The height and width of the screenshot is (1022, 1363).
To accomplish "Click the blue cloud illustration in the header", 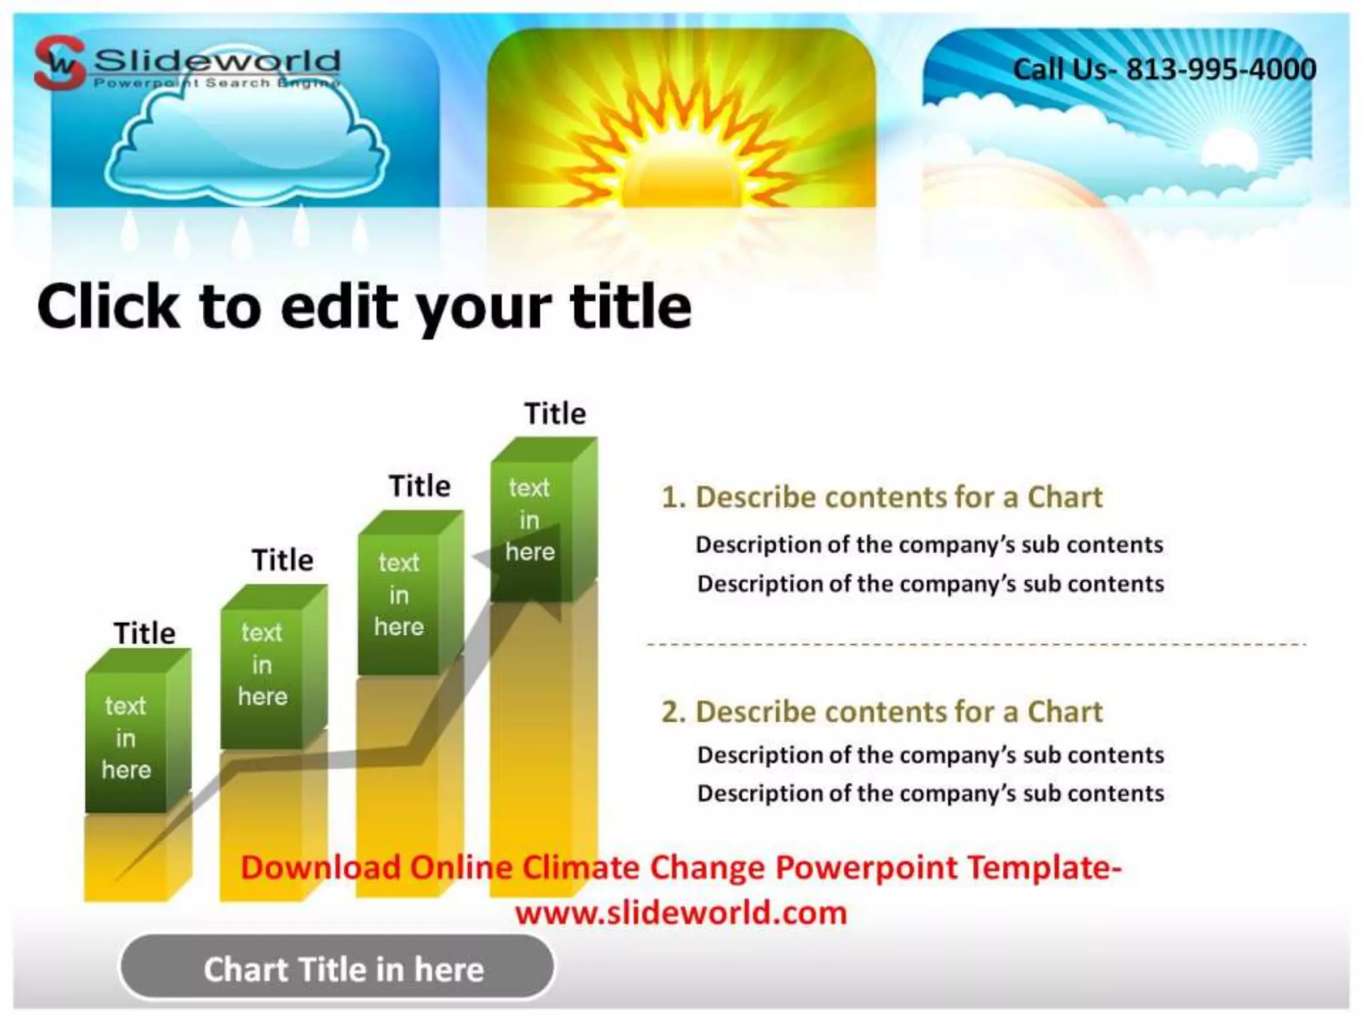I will tap(246, 143).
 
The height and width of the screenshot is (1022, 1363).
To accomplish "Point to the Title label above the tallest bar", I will tap(555, 414).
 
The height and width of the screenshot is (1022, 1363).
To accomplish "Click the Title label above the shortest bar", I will tap(144, 633).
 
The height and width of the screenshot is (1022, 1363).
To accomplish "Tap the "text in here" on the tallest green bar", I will tap(530, 520).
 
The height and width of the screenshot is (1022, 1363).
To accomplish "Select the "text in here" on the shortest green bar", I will tap(126, 737).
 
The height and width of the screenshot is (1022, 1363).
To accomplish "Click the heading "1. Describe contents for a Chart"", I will tap(882, 497).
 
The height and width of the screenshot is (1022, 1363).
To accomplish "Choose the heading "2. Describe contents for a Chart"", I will tap(882, 712).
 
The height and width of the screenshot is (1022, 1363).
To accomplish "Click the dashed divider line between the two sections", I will tap(976, 644).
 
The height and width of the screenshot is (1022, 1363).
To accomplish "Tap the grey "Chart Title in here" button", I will tap(337, 968).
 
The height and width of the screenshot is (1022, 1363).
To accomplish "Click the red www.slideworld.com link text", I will tap(681, 912).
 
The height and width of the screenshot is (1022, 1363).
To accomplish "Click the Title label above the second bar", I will tap(282, 560).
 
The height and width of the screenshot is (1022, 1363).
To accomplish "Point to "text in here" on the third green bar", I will tap(399, 594).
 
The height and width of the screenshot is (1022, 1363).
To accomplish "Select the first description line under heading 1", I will tap(929, 545).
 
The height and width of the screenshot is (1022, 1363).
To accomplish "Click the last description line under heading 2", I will tap(930, 793).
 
